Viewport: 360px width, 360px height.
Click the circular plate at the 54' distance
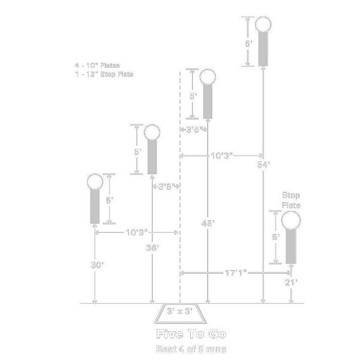[263, 25]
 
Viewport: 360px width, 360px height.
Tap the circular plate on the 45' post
[208, 77]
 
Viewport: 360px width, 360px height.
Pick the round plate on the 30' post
[95, 181]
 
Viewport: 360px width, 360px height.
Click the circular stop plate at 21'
[291, 221]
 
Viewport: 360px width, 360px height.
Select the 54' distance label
[263, 164]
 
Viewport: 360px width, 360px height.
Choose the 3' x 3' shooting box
[179, 312]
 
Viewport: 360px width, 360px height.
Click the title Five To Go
[182, 334]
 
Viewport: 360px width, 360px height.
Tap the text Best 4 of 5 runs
[182, 349]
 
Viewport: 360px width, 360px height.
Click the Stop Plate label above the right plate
[291, 200]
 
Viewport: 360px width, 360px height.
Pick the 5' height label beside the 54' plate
[248, 44]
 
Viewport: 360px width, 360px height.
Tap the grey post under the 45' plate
[208, 101]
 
